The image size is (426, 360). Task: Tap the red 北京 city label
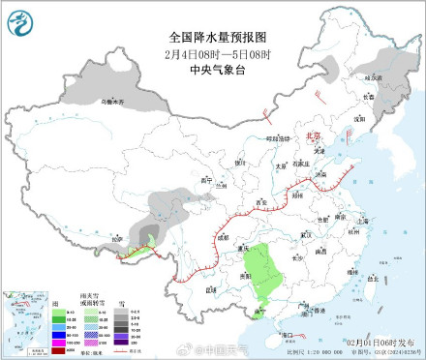312,137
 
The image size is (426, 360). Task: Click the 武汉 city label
308,233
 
